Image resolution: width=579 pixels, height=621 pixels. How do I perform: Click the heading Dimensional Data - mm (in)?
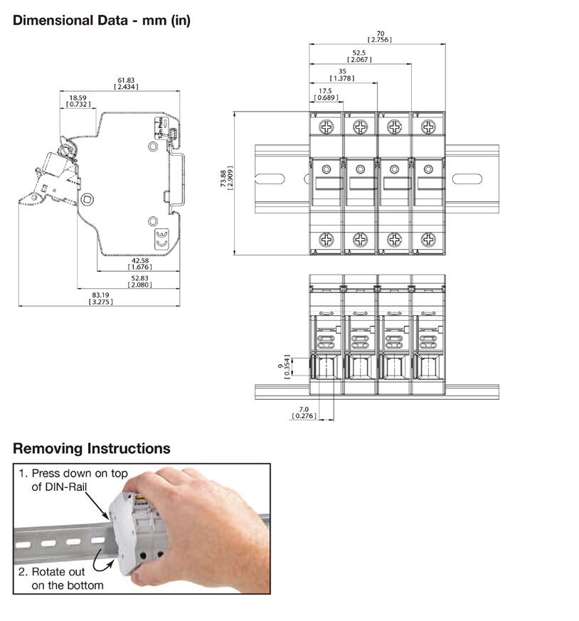(102, 20)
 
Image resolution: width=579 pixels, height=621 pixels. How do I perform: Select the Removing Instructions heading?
(92, 449)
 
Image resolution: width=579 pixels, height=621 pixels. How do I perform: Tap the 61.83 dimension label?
(126, 79)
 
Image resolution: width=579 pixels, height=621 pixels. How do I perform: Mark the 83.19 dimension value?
(100, 294)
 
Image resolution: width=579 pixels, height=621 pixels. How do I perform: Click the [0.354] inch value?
(287, 367)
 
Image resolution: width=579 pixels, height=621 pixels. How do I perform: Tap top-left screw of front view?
(326, 127)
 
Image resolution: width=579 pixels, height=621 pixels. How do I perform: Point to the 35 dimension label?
(342, 71)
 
